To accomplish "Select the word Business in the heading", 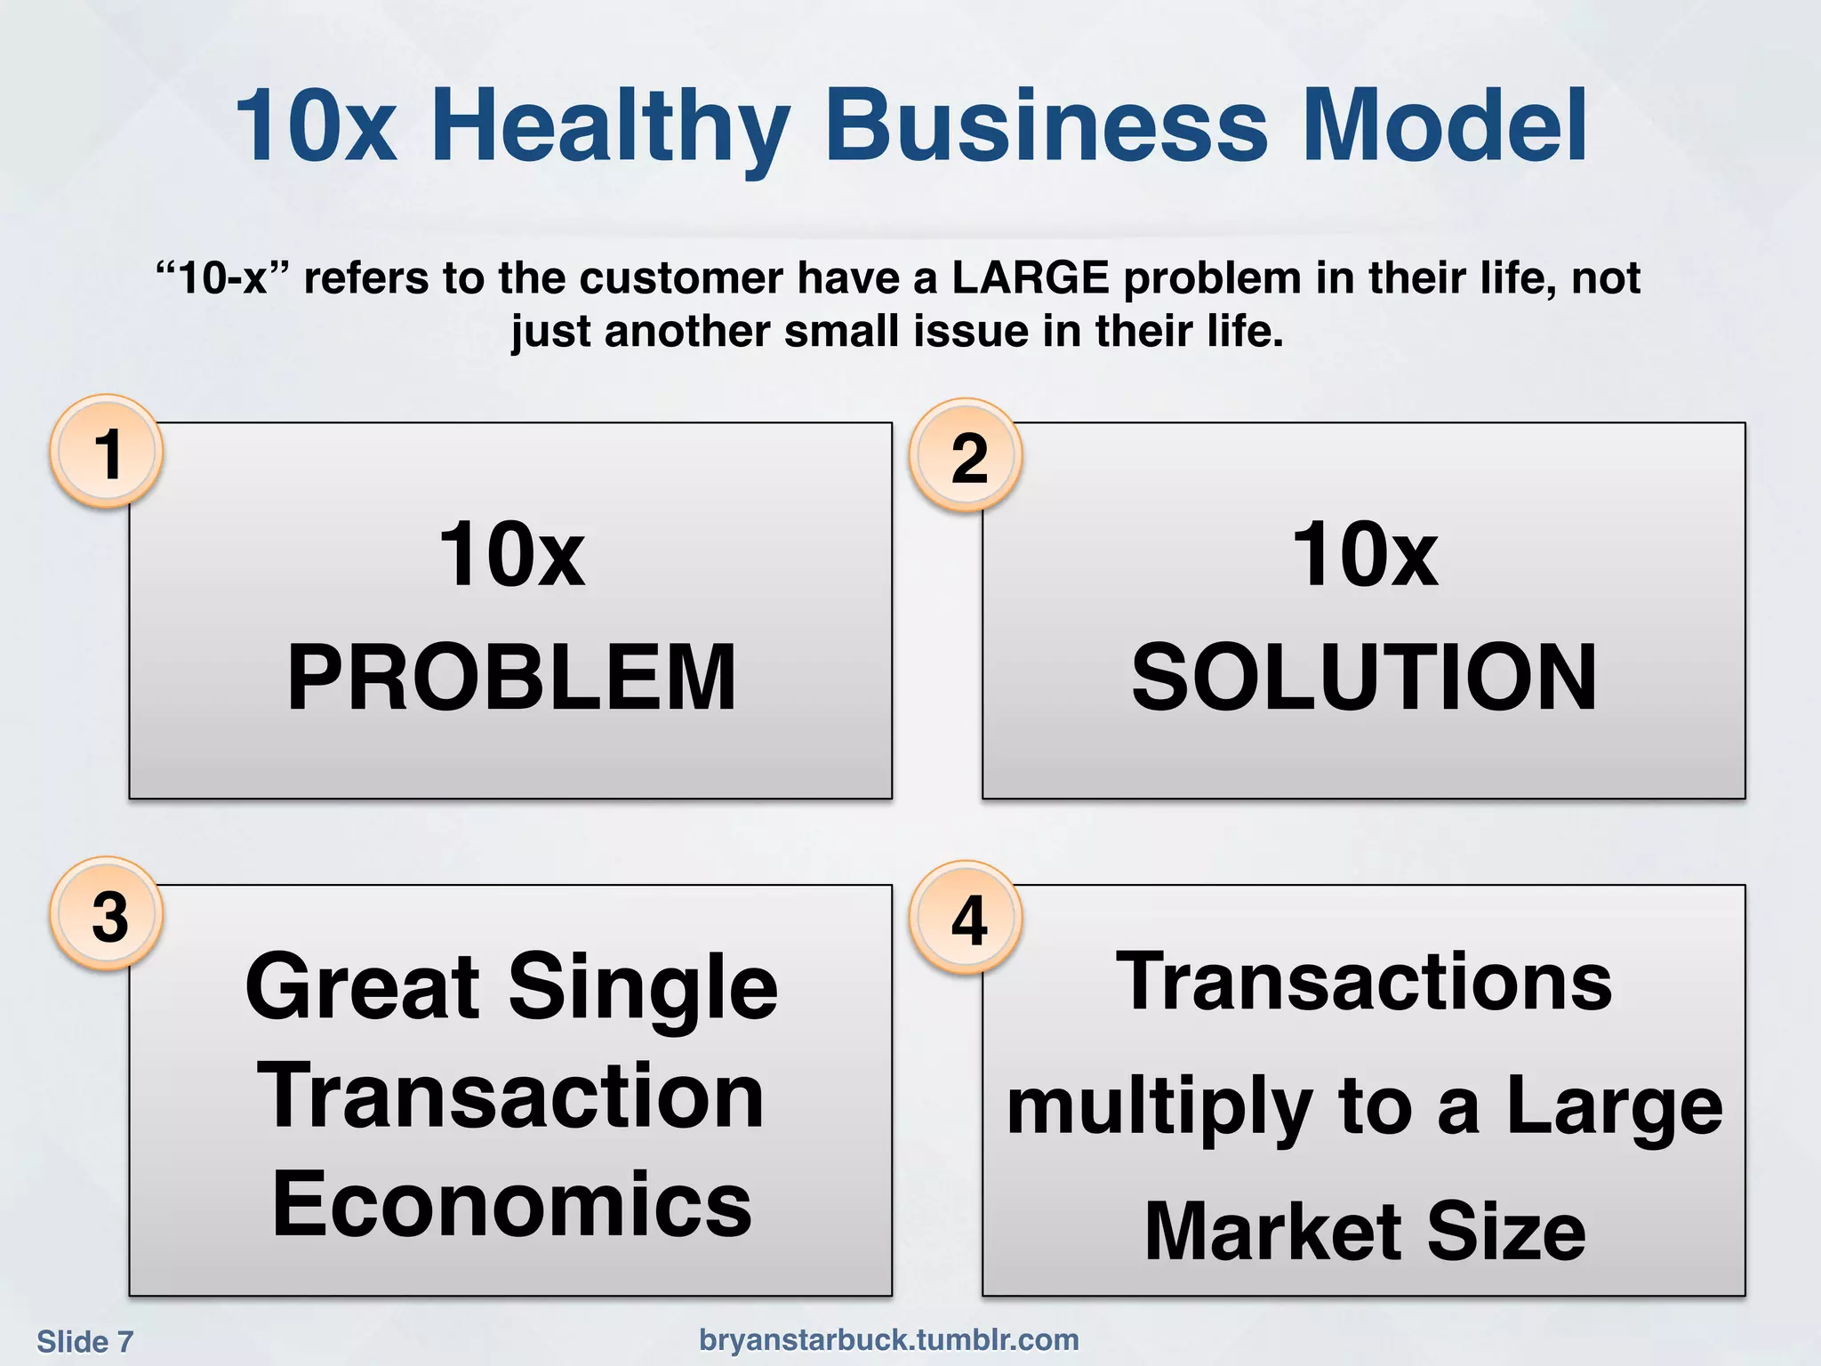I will click(x=1047, y=126).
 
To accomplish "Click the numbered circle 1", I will click(x=107, y=453).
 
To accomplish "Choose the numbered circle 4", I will click(x=967, y=920).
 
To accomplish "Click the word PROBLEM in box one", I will click(x=511, y=678).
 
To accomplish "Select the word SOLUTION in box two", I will click(x=1364, y=678).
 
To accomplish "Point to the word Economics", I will click(x=511, y=1204).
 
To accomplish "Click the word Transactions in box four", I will click(x=1364, y=982).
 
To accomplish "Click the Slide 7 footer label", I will click(x=84, y=1341).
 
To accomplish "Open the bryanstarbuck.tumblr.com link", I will click(x=889, y=1339).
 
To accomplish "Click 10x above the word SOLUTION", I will click(x=1364, y=555).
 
